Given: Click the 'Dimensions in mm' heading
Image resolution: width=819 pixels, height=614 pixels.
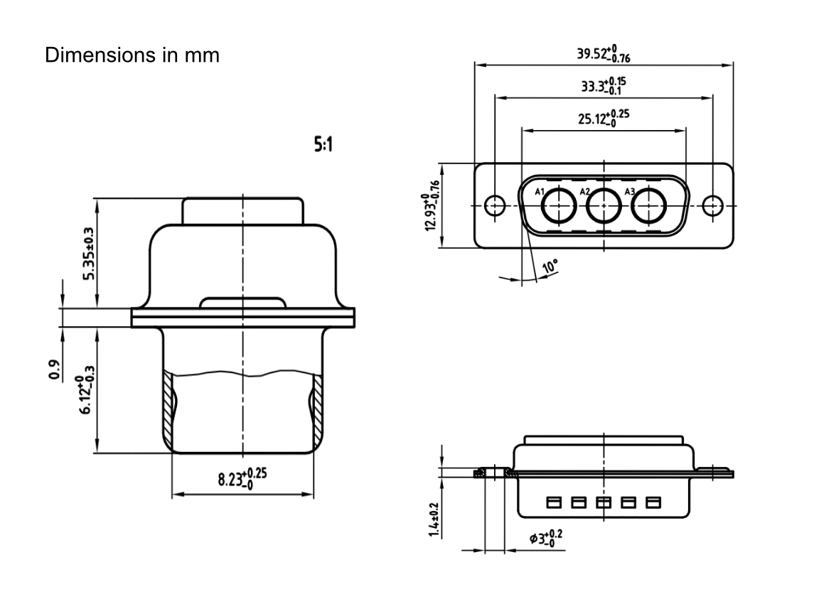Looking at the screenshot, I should [132, 55].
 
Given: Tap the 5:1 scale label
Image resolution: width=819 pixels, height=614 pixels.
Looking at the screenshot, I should [323, 146].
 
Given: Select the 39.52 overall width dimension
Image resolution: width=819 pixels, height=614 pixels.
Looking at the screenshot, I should [603, 55].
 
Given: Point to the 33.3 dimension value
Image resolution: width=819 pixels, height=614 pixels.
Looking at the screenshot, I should [603, 86].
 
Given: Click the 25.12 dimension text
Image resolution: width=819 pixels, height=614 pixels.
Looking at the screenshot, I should [603, 117].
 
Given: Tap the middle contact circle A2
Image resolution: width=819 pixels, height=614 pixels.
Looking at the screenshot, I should [604, 207].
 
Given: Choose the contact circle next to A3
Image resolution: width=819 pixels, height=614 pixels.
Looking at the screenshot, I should [648, 207].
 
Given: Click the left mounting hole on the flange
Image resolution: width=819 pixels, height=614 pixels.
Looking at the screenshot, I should [494, 206].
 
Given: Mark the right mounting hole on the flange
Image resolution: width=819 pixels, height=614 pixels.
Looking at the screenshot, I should [712, 206].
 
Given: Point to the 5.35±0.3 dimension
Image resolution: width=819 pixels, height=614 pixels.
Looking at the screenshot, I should [87, 254].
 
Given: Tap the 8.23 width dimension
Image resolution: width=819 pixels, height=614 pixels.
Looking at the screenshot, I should [242, 479].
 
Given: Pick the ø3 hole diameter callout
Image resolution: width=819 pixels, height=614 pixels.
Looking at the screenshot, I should [546, 538].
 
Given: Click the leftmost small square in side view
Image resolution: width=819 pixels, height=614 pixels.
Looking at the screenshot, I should [553, 503].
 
